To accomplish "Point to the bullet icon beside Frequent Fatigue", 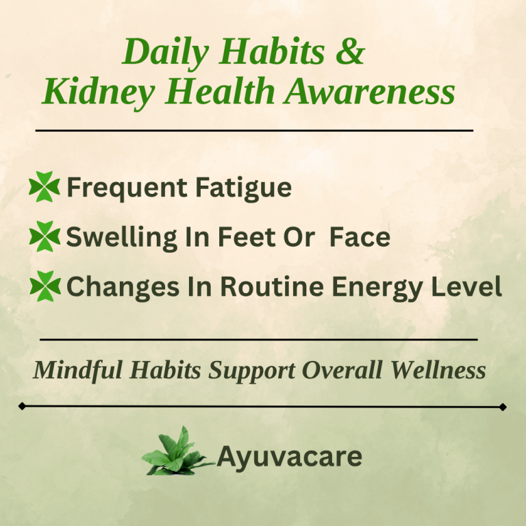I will pos(45,187).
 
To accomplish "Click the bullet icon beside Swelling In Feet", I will pos(45,237).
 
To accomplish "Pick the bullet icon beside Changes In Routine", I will pos(45,287).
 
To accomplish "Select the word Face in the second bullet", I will pos(360,237).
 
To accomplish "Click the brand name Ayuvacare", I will pos(289,455).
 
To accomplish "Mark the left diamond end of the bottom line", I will pos(23,406).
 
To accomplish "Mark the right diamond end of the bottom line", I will pos(503,407).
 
